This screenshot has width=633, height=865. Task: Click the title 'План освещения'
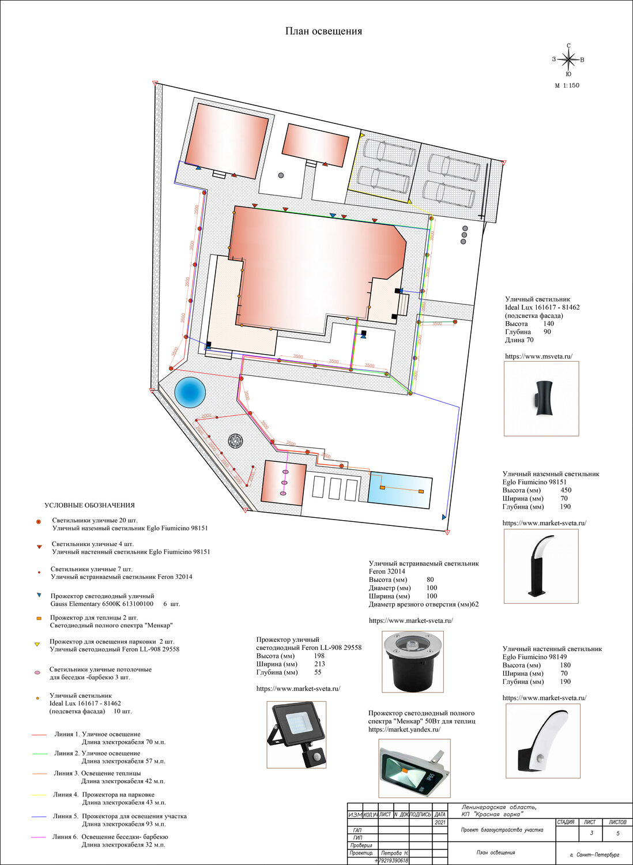(323, 31)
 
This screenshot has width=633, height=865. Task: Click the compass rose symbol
(568, 59)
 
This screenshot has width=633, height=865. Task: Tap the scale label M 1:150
(567, 85)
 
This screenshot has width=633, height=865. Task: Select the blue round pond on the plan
(190, 392)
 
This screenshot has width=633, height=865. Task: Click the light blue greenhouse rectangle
(400, 490)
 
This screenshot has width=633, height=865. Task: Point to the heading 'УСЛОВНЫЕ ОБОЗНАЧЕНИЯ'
(89, 505)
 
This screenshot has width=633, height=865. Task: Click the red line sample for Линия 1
(39, 735)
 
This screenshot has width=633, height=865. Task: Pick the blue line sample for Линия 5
(39, 817)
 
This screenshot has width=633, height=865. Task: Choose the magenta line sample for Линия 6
(39, 837)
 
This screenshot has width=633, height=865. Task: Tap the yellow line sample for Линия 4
(39, 795)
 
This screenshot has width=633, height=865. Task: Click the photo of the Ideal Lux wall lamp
(541, 398)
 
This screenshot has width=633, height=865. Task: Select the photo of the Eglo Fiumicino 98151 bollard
(541, 566)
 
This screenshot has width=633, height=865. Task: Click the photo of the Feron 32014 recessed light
(412, 661)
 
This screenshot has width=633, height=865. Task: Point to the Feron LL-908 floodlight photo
(296, 735)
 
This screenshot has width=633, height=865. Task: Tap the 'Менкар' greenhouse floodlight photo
(414, 768)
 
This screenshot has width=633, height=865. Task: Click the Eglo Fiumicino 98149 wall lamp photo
(541, 741)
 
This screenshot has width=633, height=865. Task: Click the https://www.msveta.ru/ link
(538, 356)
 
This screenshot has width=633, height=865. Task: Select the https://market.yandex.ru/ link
(404, 729)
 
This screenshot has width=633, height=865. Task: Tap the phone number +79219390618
(391, 860)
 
